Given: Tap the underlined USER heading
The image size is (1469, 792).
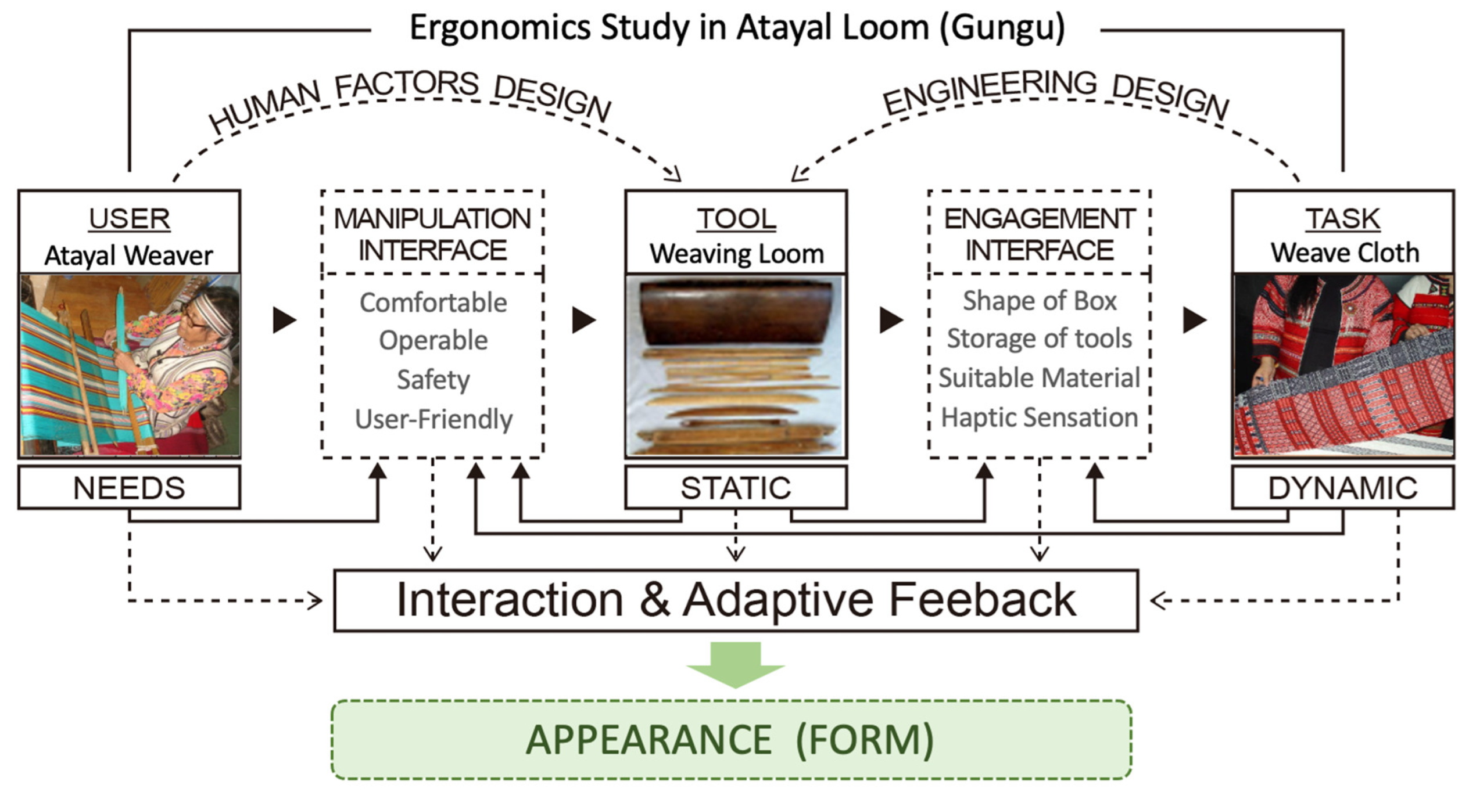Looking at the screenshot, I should click(130, 219).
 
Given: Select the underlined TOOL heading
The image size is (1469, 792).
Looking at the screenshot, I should click(736, 219).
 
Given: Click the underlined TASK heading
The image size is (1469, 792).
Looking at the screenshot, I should click(1342, 219).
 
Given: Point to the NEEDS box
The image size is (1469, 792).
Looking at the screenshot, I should click(129, 488).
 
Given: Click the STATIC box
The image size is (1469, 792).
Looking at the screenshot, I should click(736, 488).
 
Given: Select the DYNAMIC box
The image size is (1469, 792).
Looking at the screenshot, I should click(1342, 488).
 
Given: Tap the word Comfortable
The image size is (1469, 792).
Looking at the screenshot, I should click(433, 303).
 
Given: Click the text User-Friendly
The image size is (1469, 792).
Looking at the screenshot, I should click(433, 419).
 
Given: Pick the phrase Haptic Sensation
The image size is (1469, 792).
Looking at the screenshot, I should click(1039, 417).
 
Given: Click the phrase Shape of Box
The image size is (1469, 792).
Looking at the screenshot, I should click(1040, 300).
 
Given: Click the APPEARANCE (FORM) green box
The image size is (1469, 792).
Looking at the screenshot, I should click(731, 740).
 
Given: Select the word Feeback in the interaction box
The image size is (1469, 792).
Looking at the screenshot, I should click(982, 600).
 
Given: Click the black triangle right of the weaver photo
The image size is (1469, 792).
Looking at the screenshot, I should click(284, 320).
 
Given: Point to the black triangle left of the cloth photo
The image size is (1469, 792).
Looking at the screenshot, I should click(1194, 320).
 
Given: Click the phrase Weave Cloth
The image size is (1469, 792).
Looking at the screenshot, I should click(1344, 253).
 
